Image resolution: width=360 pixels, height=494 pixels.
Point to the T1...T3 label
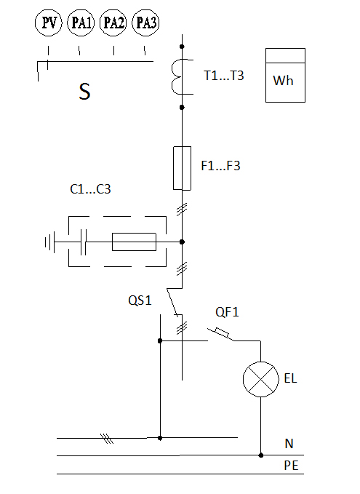point(223,76)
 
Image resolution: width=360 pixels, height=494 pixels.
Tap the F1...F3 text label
point(220,166)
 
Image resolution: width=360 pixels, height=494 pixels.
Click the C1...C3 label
point(90,189)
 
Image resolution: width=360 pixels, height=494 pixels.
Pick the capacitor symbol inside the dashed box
point(83,242)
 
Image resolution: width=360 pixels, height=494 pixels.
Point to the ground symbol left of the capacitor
point(49,242)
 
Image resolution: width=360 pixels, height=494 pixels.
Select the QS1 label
point(140,300)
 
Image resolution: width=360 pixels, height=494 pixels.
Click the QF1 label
point(227,312)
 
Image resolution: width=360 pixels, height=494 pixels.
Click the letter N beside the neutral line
point(289,444)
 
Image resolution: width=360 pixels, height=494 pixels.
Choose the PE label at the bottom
point(291,466)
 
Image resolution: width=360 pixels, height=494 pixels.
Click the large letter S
point(84,92)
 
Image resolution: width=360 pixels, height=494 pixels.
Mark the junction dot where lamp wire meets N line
point(261,455)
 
